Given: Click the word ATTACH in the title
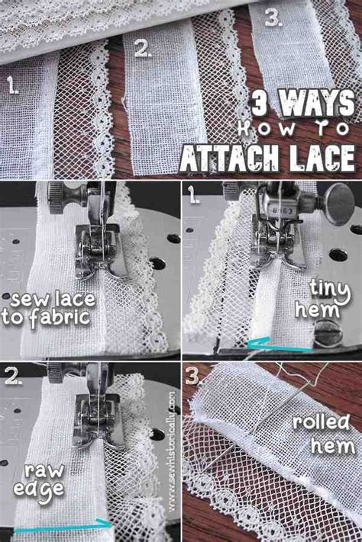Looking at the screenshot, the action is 230,158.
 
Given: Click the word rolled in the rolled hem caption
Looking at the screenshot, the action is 321,422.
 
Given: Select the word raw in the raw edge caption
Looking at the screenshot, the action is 44,471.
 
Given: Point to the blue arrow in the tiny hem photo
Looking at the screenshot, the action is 280,345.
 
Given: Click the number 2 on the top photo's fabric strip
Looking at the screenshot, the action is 142,50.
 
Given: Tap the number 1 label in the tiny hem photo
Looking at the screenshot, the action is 194,194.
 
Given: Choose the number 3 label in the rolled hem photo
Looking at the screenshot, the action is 192,376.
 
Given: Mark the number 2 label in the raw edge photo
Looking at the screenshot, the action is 14,375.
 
